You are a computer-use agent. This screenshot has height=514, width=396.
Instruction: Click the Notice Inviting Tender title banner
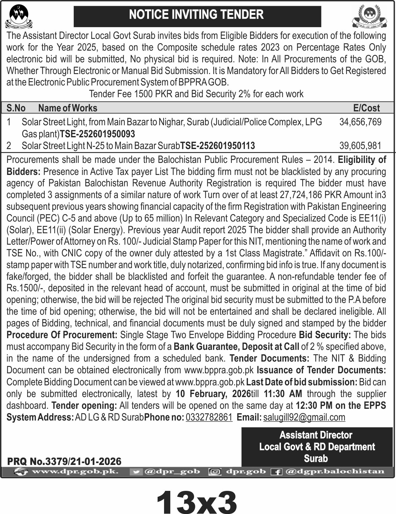point(197,15)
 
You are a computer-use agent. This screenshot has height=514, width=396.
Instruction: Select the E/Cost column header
point(366,108)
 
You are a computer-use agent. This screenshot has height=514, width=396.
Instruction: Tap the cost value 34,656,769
point(360,122)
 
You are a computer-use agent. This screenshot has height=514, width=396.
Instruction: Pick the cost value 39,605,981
point(360,146)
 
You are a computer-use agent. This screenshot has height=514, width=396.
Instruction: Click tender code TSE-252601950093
point(97,134)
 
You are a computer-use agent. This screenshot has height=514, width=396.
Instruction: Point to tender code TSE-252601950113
point(217,146)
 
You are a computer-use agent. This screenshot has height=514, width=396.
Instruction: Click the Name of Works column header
point(68,108)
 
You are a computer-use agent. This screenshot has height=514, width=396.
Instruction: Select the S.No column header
point(16,108)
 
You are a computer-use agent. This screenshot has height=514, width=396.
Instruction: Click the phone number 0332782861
point(209,417)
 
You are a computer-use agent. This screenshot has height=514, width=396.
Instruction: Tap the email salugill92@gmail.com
point(304,417)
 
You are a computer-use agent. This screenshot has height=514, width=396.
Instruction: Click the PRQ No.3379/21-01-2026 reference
point(64,461)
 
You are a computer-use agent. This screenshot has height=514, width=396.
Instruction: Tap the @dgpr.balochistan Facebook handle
point(335,471)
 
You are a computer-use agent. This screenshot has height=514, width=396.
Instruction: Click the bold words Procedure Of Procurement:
point(62,335)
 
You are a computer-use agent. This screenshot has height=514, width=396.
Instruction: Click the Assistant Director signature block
point(317,446)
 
